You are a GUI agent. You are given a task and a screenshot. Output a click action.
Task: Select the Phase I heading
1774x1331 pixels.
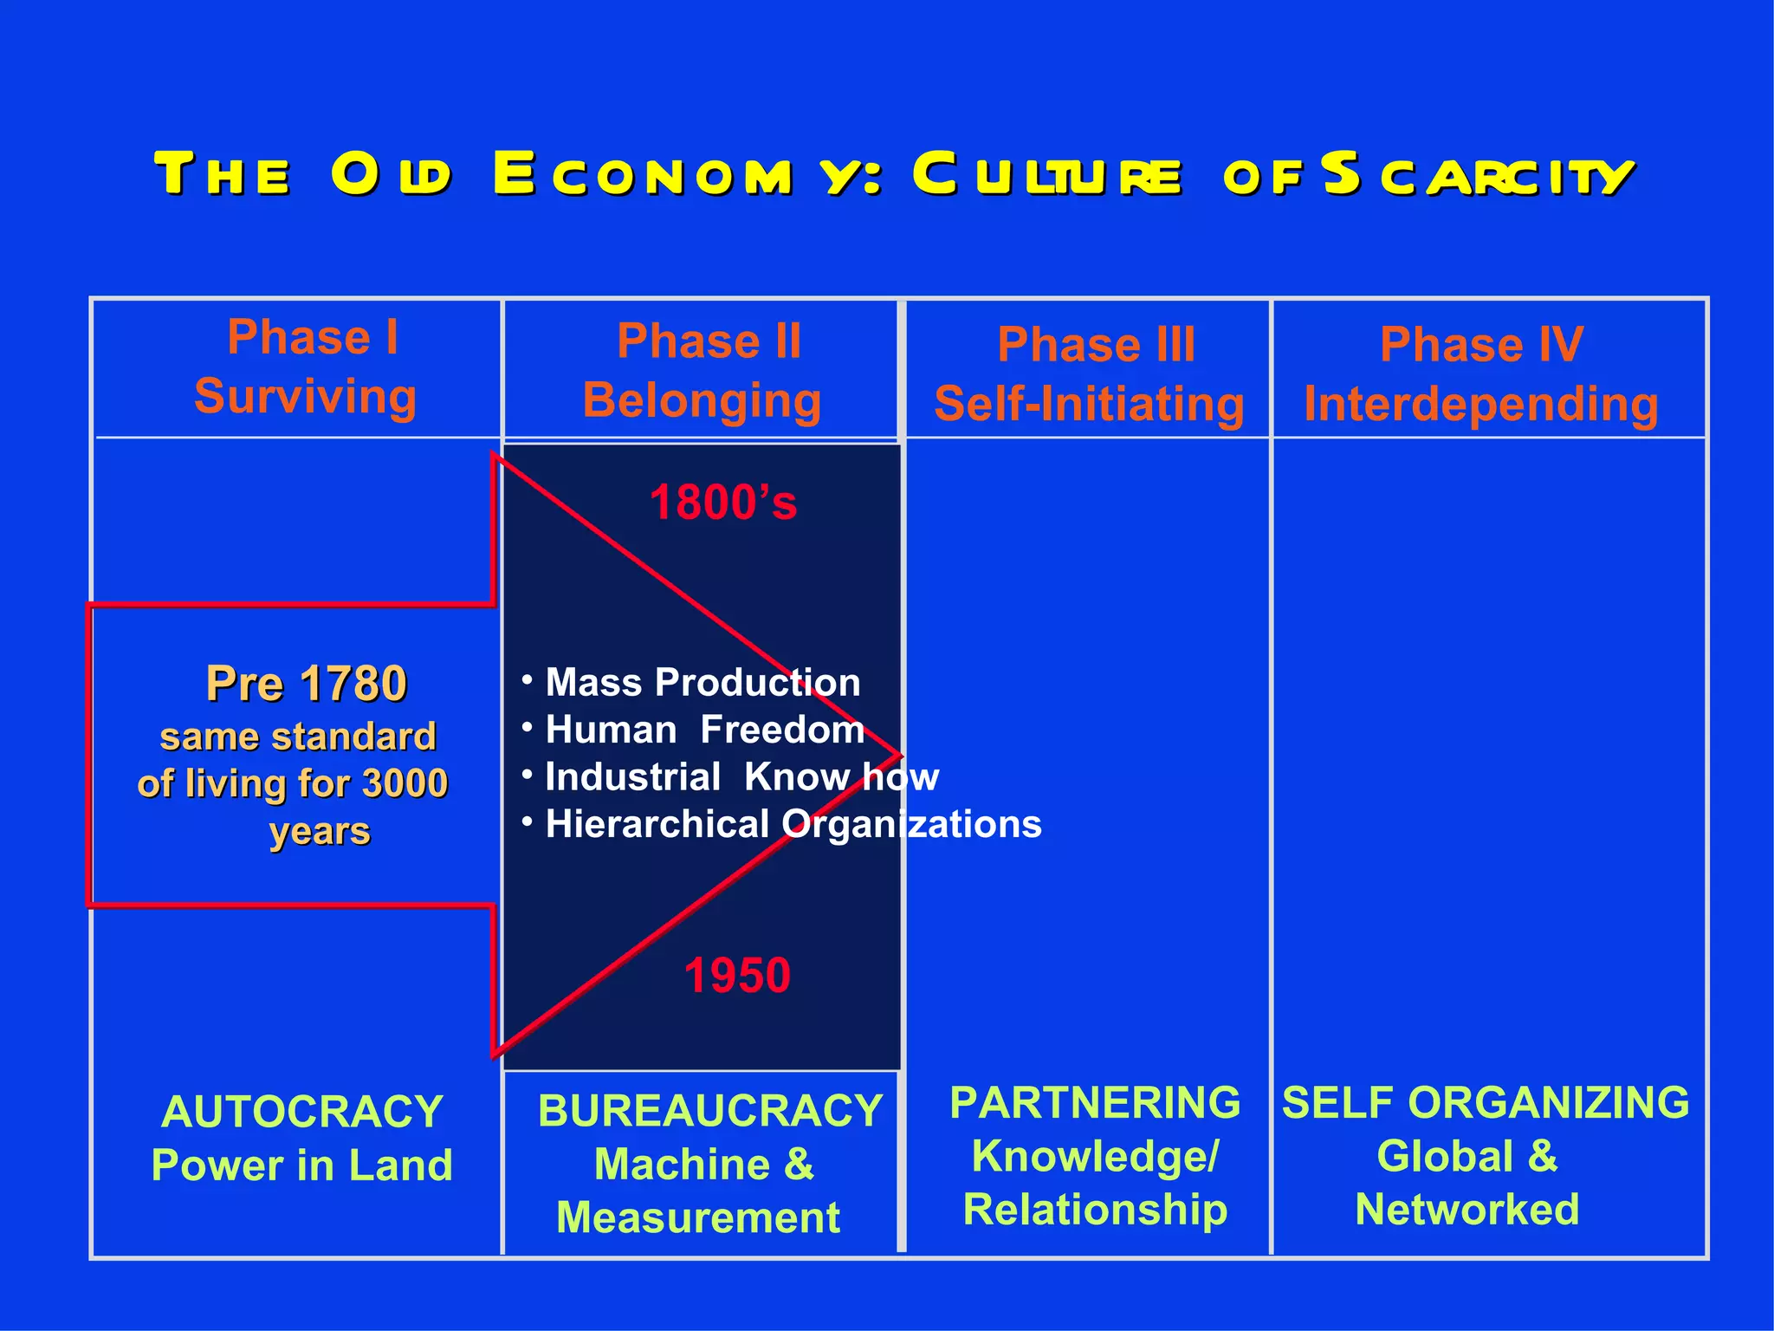click(x=313, y=337)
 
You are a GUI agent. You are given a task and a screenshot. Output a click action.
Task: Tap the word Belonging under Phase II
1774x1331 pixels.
click(x=702, y=400)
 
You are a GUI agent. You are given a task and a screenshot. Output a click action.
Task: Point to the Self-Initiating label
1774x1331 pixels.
click(x=1089, y=404)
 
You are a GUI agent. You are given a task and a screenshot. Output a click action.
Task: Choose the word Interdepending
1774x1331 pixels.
click(x=1480, y=404)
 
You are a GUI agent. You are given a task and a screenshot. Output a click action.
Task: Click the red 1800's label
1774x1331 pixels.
click(x=722, y=503)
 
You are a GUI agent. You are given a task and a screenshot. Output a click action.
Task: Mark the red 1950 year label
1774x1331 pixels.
click(x=737, y=975)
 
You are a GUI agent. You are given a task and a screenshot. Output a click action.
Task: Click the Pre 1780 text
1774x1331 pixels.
click(x=306, y=683)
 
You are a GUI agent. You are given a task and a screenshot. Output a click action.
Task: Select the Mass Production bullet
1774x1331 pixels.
click(x=702, y=683)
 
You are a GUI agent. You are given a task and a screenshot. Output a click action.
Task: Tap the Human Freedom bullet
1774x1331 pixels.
click(x=704, y=730)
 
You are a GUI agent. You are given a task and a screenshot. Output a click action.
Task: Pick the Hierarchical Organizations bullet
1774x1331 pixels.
click(x=793, y=824)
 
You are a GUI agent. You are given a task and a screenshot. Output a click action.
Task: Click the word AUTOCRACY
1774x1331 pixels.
click(x=302, y=1112)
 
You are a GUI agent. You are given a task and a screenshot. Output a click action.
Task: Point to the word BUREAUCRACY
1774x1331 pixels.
click(x=710, y=1111)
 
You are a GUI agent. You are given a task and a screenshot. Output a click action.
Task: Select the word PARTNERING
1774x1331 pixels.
click(x=1095, y=1103)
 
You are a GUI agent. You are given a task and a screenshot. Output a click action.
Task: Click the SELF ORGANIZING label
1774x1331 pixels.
click(x=1486, y=1103)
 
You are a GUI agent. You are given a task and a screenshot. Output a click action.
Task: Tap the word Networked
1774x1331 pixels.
click(x=1466, y=1210)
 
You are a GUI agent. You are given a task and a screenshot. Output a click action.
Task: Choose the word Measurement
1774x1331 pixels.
click(x=698, y=1217)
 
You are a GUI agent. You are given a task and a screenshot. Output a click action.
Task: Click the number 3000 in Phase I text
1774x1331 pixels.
click(x=405, y=783)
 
